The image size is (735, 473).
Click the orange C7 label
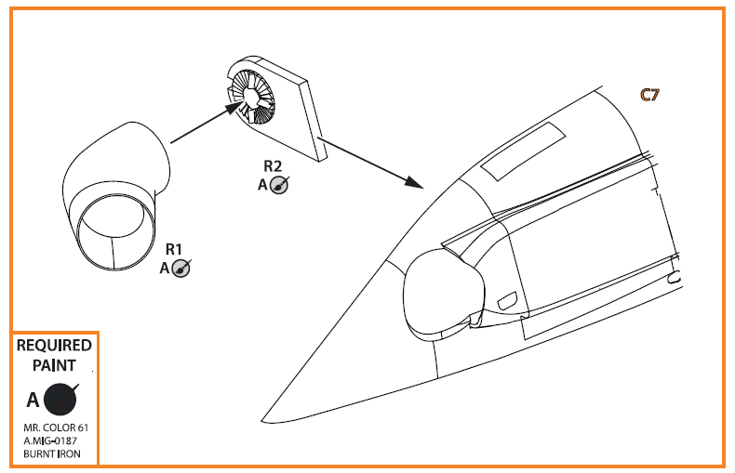649,95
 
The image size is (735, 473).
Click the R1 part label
173,249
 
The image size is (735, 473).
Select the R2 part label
273,166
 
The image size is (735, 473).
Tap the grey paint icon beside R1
181,269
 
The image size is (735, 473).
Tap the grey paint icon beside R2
279,185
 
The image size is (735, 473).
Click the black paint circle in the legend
60,400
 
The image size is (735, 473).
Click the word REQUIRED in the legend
54,346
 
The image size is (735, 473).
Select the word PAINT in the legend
54,365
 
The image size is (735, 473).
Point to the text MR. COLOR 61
56,427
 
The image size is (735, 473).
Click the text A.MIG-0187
50,440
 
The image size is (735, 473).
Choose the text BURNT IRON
52,453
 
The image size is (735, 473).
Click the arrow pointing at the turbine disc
207,122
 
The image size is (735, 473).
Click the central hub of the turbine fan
250,97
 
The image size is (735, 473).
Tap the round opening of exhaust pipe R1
114,231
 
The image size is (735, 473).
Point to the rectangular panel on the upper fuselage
523,151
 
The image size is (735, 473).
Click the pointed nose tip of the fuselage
262,421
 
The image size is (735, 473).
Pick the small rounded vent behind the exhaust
507,300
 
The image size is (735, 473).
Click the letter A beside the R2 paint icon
262,185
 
